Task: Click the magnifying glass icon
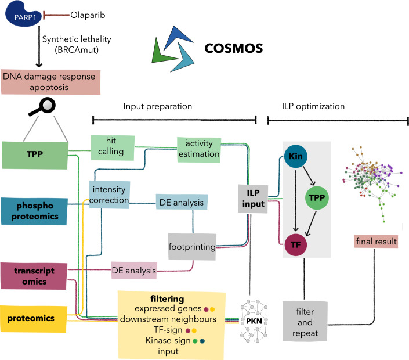click(x=43, y=106)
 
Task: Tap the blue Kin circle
click(x=295, y=157)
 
